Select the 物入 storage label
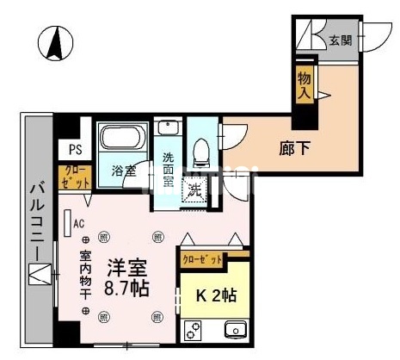(x=304, y=85)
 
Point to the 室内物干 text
(x=85, y=275)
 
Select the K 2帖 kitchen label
(x=216, y=295)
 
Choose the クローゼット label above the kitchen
(x=202, y=258)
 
